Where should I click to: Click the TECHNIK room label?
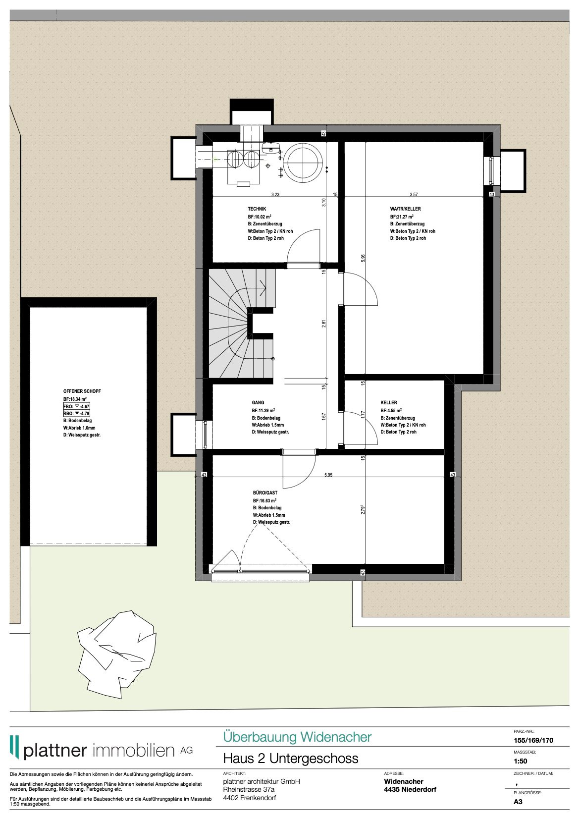pos(257,209)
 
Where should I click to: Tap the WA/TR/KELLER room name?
pos(405,209)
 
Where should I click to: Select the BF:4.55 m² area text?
pos(391,411)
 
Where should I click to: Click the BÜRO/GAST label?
pos(265,493)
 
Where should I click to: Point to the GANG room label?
pos(258,403)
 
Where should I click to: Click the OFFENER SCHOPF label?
pos(82,391)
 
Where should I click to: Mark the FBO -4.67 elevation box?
pos(76,406)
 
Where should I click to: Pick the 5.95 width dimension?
pos(328,475)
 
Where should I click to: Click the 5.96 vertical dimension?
pos(363,258)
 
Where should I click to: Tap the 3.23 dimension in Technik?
pos(275,195)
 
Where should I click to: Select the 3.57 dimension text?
pos(414,195)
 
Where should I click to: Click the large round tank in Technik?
pos(303,162)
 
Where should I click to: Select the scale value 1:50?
pos(520,761)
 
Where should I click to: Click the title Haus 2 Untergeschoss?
pos(290,758)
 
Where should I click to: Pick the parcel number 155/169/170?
pos(533,740)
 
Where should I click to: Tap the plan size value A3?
pos(518,802)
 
